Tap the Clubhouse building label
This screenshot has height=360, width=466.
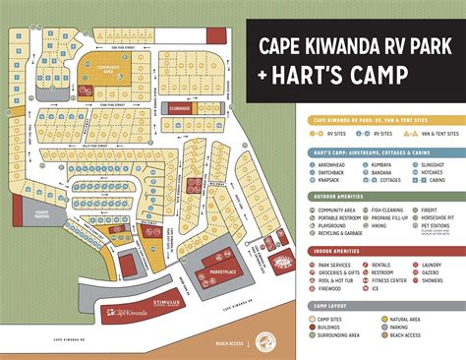pyautogui.click(x=179, y=108)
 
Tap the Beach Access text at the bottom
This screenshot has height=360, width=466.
pyautogui.click(x=231, y=344)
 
